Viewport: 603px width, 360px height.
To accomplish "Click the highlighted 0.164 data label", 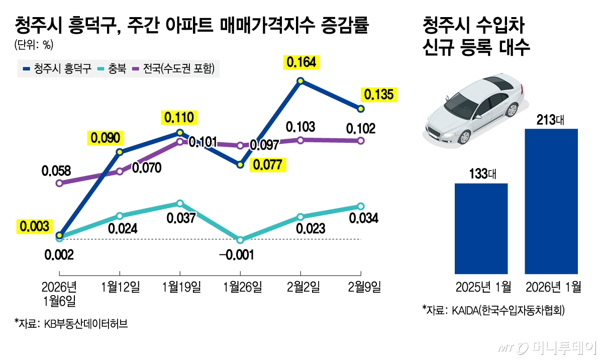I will coord(300,62).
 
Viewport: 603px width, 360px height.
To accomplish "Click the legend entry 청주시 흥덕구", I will coord(57,69).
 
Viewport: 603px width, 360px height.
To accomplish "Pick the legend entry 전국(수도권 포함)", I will coord(173,69).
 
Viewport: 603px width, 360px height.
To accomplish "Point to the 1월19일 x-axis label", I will coord(180,287).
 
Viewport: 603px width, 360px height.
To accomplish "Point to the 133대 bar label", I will coord(481,174).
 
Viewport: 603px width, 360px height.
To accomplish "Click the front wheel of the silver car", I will coord(464,136).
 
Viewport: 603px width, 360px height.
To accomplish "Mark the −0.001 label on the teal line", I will coord(236,254).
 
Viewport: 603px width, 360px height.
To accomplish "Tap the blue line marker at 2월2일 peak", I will coord(300,80).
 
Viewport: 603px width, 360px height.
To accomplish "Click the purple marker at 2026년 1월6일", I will coord(59,183).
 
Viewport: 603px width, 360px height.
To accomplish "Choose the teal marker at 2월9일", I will coord(361,206).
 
